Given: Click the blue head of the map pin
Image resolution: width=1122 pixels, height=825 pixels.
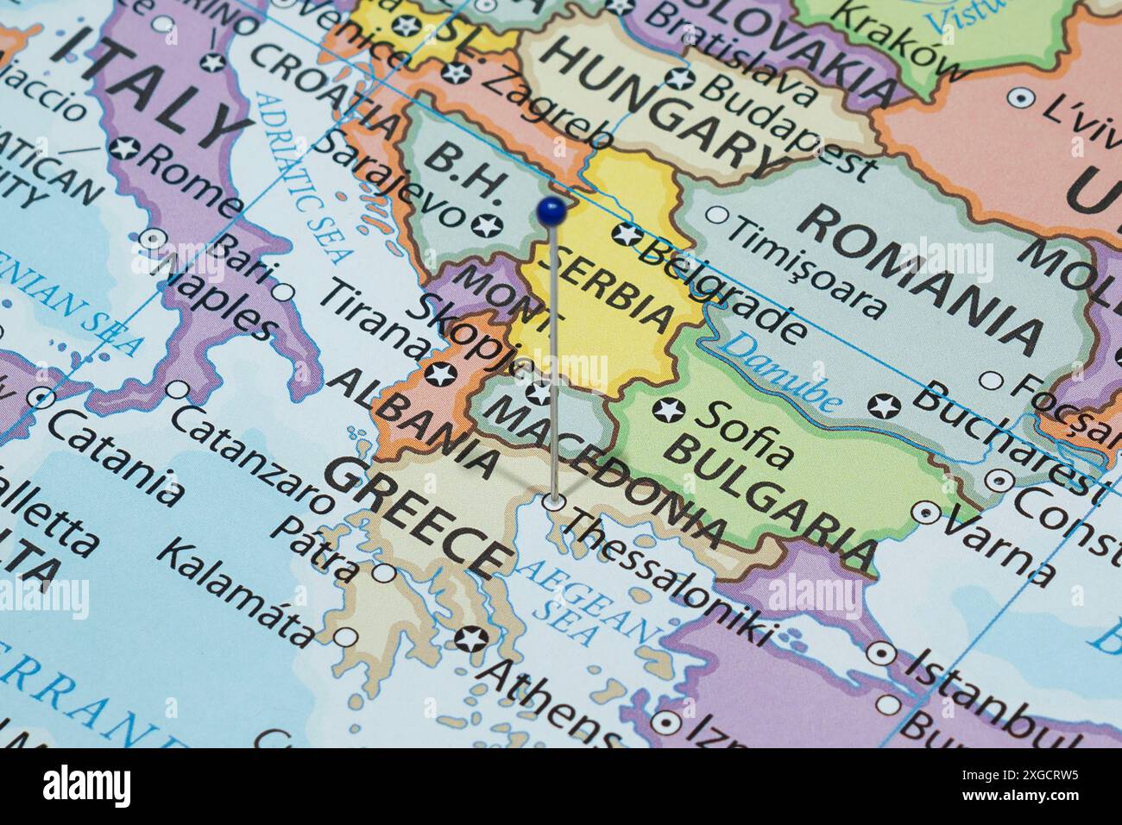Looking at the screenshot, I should click(551, 208).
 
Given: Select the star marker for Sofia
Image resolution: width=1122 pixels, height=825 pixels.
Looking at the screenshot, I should click(668, 411).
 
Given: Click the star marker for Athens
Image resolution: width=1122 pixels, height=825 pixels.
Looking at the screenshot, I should click(470, 639).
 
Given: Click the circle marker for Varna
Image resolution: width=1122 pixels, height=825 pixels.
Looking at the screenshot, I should click(926, 513).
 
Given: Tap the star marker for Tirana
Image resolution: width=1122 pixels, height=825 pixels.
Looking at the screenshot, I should click(440, 375).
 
